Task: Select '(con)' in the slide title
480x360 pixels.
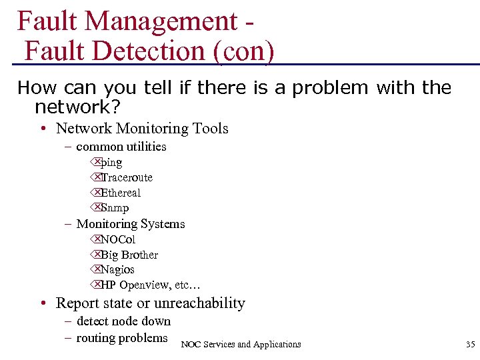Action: point(243,51)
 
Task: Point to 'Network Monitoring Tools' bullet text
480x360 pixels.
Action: point(142,128)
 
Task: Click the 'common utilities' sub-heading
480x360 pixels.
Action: point(121,146)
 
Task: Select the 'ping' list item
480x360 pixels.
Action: point(111,162)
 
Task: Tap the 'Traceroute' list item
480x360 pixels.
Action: point(127,177)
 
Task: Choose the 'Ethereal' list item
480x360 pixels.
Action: point(121,193)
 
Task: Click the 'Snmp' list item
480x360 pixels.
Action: point(115,208)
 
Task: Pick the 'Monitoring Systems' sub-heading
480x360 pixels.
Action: point(131,224)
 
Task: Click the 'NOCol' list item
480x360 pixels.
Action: point(118,239)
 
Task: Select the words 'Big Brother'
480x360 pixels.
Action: point(129,255)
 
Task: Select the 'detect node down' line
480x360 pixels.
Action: point(123,321)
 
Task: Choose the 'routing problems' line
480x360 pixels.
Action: point(122,337)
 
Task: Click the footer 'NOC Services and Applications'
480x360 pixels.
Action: point(241,344)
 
